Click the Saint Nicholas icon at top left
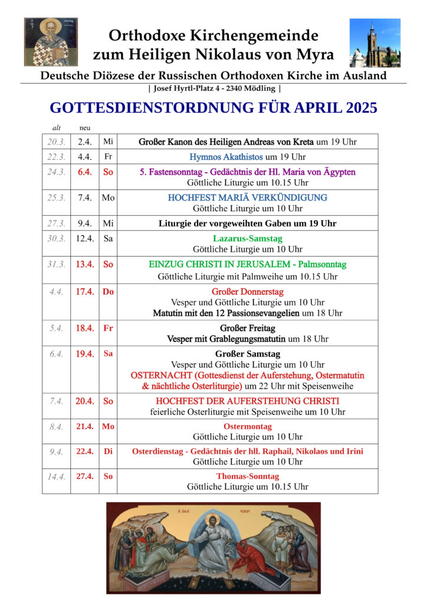51,42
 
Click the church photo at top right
375,42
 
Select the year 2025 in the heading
353,108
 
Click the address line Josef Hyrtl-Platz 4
213,88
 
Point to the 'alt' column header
57,127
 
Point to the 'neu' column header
84,127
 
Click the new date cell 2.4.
84,142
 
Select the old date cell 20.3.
57,142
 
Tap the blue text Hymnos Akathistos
226,157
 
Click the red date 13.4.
84,264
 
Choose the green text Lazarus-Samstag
248,238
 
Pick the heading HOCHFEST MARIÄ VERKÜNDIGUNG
248,198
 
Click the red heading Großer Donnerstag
248,291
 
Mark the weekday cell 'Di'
108,451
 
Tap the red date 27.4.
84,476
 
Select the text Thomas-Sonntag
248,476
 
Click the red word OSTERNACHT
158,375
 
